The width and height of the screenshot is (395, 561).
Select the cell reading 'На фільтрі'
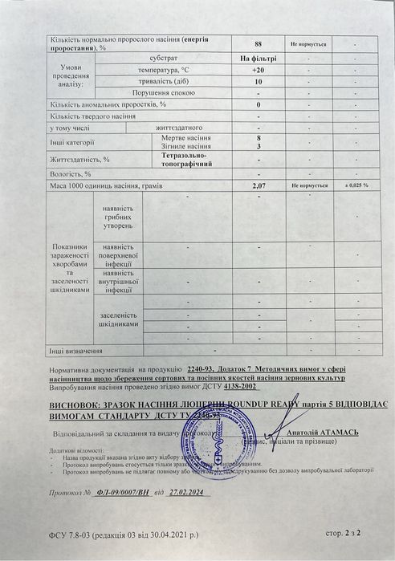259,59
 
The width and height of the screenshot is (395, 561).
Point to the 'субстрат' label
164,59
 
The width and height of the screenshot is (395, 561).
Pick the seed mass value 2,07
259,185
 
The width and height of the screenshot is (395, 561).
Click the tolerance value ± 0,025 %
356,185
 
